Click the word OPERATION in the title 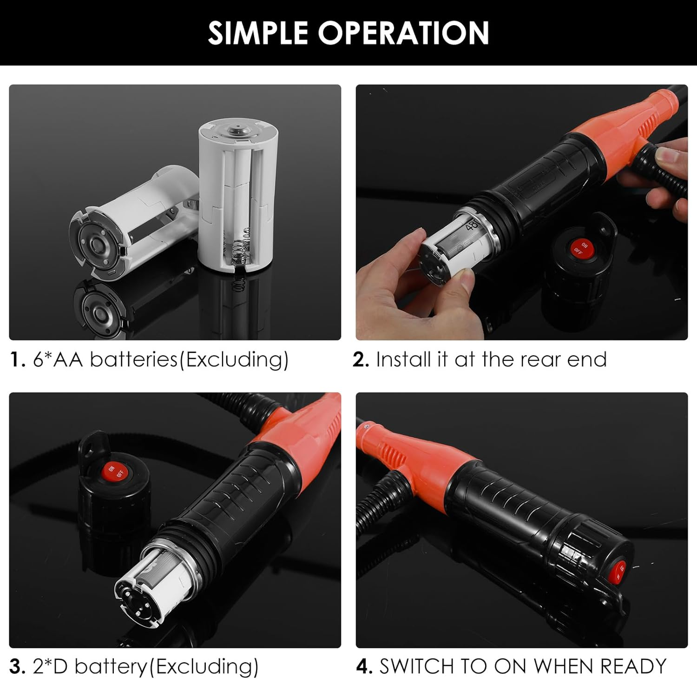pyautogui.click(x=403, y=33)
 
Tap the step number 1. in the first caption pyautogui.click(x=18, y=359)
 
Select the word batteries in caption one pyautogui.click(x=133, y=359)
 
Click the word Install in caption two pyautogui.click(x=403, y=359)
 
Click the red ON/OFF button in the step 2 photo pyautogui.click(x=581, y=248)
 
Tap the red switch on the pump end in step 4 pyautogui.click(x=620, y=570)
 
